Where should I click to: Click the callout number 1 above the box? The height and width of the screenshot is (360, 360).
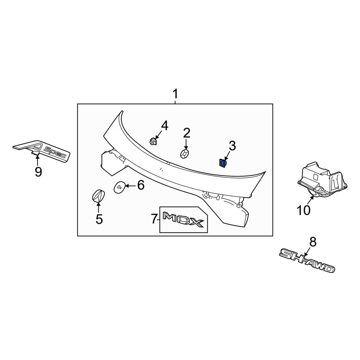175,95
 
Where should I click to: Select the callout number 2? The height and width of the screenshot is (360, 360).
186,133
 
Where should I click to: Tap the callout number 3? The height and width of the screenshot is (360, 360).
232,146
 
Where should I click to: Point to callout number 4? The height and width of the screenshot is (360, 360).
164,126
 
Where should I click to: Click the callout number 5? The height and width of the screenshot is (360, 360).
99,219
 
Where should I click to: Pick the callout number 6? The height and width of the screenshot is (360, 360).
140,185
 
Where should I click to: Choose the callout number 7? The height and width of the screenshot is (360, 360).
154,219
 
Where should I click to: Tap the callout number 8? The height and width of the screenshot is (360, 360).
312,242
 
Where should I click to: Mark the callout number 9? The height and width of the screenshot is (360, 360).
38,172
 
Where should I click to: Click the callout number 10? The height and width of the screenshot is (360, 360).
303,210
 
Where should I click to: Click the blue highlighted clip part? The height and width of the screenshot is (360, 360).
222,163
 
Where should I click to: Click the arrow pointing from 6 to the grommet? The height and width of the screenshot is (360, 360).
130,186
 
